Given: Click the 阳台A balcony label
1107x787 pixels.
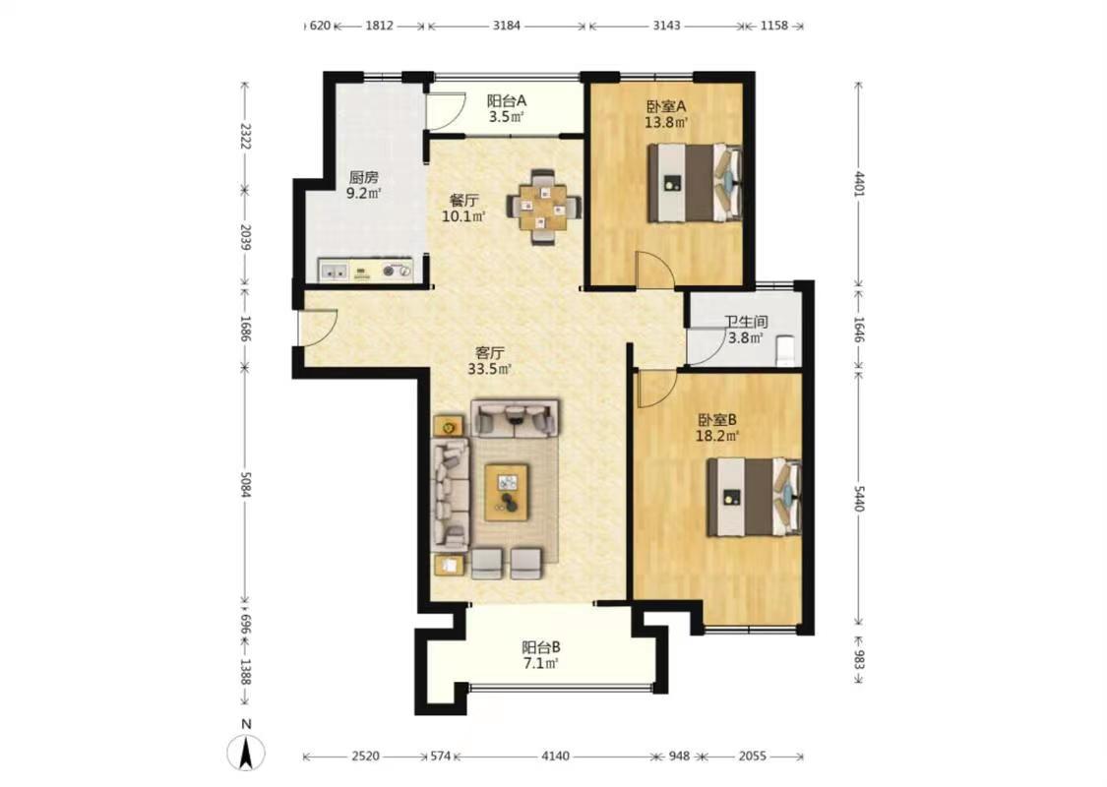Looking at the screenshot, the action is pyautogui.click(x=506, y=101).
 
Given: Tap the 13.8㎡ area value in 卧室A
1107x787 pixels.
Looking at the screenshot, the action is pyautogui.click(x=666, y=122).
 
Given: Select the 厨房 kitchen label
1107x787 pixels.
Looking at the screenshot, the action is pyautogui.click(x=363, y=177).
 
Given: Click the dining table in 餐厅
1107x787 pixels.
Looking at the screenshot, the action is pyautogui.click(x=543, y=207).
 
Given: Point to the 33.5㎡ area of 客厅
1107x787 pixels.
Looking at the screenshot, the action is pyautogui.click(x=489, y=369).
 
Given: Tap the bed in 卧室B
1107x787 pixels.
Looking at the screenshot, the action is pyautogui.click(x=754, y=497).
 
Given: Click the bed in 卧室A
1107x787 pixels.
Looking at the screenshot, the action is pyautogui.click(x=696, y=183).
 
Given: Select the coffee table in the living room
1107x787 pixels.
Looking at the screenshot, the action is pyautogui.click(x=507, y=492).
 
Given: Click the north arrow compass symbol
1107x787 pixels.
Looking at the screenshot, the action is pyautogui.click(x=246, y=751).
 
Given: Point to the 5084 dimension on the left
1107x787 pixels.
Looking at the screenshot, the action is pyautogui.click(x=246, y=484).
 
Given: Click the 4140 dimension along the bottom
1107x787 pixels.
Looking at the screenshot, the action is pyautogui.click(x=556, y=756).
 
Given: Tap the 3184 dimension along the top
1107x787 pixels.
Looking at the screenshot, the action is pyautogui.click(x=506, y=26).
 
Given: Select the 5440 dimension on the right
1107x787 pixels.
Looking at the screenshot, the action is pyautogui.click(x=858, y=498).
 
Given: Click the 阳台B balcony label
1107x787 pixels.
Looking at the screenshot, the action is pyautogui.click(x=541, y=646).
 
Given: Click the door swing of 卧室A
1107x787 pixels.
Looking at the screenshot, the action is pyautogui.click(x=654, y=269).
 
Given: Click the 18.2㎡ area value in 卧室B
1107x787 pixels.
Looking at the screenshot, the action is pyautogui.click(x=717, y=436).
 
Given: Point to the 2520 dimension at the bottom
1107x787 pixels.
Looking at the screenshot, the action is pyautogui.click(x=365, y=756).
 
